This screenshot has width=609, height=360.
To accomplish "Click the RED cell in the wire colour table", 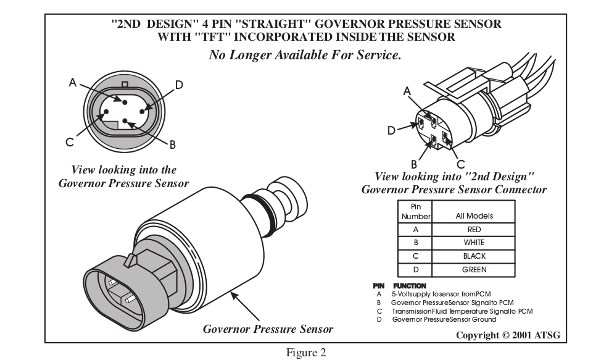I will pos(474,229).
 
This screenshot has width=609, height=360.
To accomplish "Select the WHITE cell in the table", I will pos(474,243).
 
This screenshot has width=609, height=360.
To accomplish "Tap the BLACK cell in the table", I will pos(474,256).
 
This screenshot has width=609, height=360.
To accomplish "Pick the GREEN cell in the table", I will pos(474,269).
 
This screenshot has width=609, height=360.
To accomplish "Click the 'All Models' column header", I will pos(474,216).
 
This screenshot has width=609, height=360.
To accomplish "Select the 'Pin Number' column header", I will pos(415,212).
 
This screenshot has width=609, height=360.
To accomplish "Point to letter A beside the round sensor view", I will pos(72,82).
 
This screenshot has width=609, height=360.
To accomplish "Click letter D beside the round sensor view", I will pos(179,85).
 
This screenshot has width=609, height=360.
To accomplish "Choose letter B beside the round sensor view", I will pos(173,144).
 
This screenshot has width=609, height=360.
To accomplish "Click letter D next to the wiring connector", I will pos(391,130).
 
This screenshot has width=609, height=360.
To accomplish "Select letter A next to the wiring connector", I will pos(407,91).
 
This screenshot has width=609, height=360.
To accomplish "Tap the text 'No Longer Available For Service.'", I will pos(305,55).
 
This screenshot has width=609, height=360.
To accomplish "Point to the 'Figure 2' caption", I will pos(305,353).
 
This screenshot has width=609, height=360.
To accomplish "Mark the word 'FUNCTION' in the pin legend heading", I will pos(409,286).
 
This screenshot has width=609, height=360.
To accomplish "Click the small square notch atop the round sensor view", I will pos(125,83).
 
